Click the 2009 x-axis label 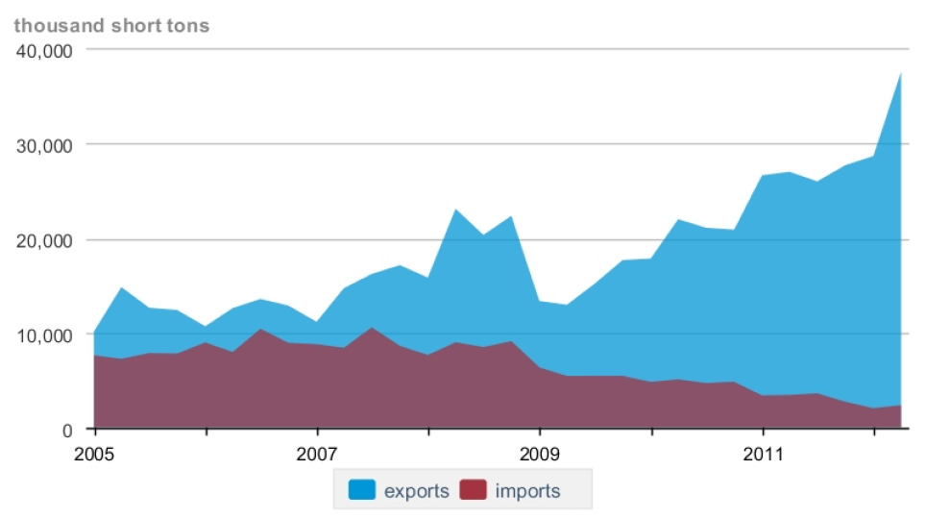pyautogui.click(x=540, y=453)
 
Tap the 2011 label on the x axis pyautogui.click(x=762, y=453)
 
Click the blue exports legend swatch pyautogui.click(x=360, y=490)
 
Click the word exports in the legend pyautogui.click(x=416, y=491)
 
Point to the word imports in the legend pyautogui.click(x=527, y=491)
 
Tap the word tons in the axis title pyautogui.click(x=187, y=26)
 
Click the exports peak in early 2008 pyautogui.click(x=456, y=210)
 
